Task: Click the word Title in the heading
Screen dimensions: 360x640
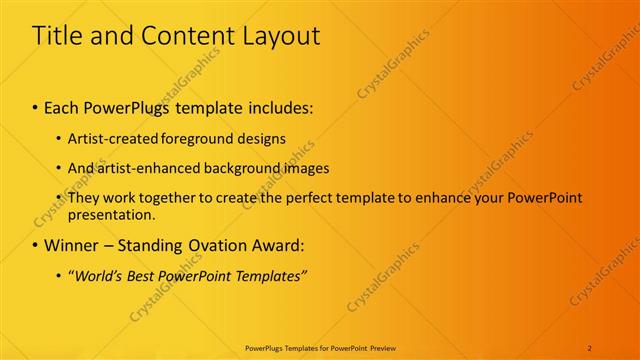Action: [58, 37]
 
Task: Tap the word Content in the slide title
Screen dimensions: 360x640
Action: [183, 37]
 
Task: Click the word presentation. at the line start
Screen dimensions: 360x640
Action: [112, 214]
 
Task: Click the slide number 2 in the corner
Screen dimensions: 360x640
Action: [590, 347]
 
